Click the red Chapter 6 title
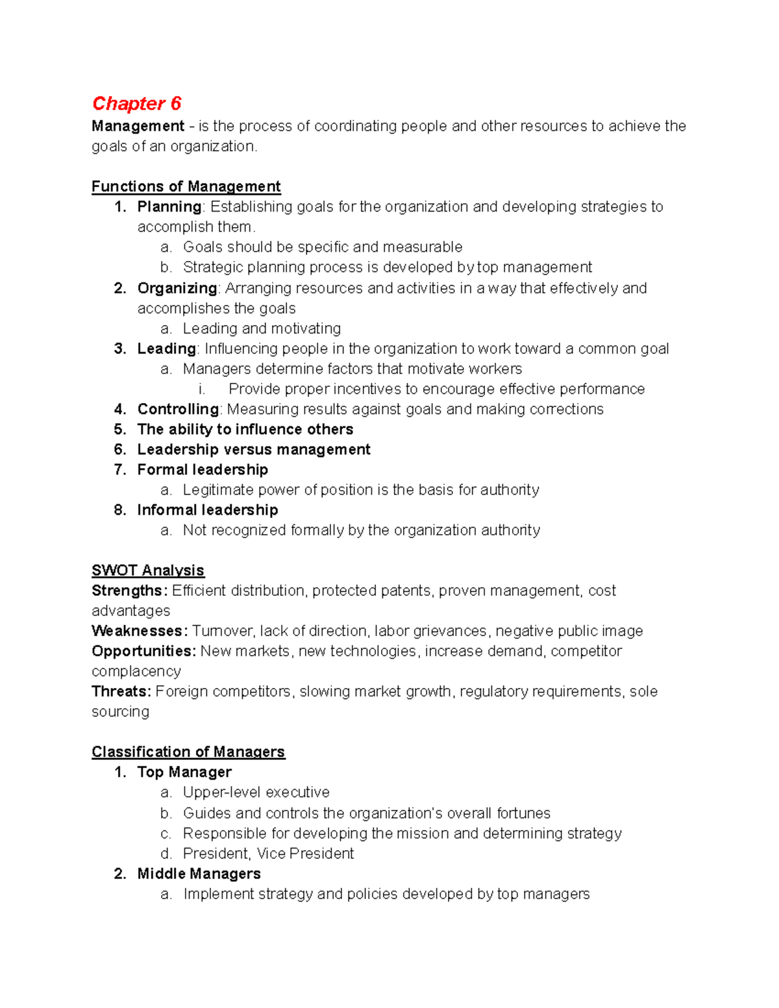(136, 104)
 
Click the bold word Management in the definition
(138, 126)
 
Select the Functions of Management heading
(186, 187)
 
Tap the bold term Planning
(169, 207)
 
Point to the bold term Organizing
(177, 288)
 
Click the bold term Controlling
(178, 410)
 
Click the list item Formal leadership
(203, 470)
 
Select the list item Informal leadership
(208, 510)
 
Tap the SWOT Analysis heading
(148, 571)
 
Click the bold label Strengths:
(130, 591)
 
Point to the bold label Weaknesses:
(140, 631)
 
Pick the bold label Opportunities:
(143, 651)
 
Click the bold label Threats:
(121, 692)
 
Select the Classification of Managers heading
(188, 752)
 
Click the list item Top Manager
(184, 772)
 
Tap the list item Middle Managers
(199, 874)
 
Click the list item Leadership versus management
(254, 450)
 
